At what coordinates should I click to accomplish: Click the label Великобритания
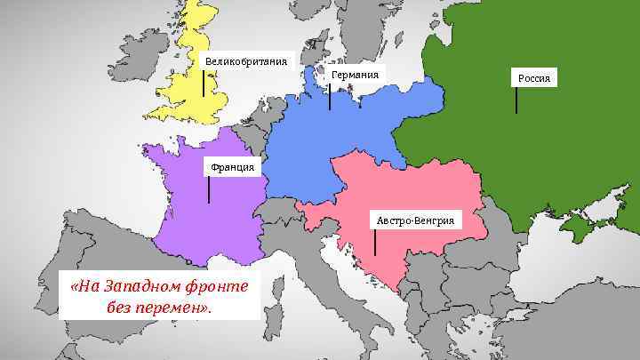coord(247,61)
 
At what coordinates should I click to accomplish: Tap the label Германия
coord(355,75)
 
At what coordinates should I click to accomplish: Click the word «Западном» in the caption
coord(140,287)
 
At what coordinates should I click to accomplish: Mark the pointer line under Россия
coord(516,100)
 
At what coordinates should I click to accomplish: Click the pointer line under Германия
coord(330,96)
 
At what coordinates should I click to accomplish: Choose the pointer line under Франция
coord(209,189)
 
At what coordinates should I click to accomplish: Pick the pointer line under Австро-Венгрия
coord(375,242)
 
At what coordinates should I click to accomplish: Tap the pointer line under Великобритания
coord(204,84)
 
